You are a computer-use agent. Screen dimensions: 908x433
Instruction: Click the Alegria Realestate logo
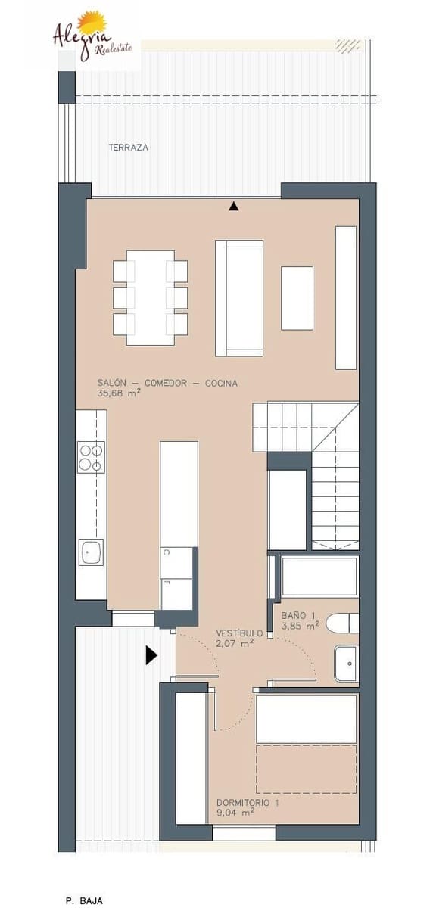(90, 38)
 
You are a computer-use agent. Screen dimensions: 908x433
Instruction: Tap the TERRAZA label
(128, 148)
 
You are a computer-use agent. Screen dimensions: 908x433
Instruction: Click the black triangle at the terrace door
(234, 206)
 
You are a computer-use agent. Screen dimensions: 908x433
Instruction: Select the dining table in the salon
(150, 297)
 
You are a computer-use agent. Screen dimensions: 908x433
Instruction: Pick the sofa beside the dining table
(239, 297)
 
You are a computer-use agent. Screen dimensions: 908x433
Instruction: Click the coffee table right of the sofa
(297, 298)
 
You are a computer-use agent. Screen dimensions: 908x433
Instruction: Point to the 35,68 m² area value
(119, 393)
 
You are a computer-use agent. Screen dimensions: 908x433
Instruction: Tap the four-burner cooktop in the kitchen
(91, 457)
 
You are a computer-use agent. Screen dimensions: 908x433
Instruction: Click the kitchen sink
(91, 552)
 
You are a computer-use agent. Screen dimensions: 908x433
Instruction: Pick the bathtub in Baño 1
(319, 577)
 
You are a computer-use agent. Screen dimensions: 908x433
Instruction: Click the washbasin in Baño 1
(345, 664)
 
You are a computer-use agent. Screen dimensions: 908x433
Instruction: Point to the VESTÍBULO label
(239, 633)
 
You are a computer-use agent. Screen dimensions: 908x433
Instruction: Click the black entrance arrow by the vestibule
(151, 655)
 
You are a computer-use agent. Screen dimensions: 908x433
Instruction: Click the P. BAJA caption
(84, 900)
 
